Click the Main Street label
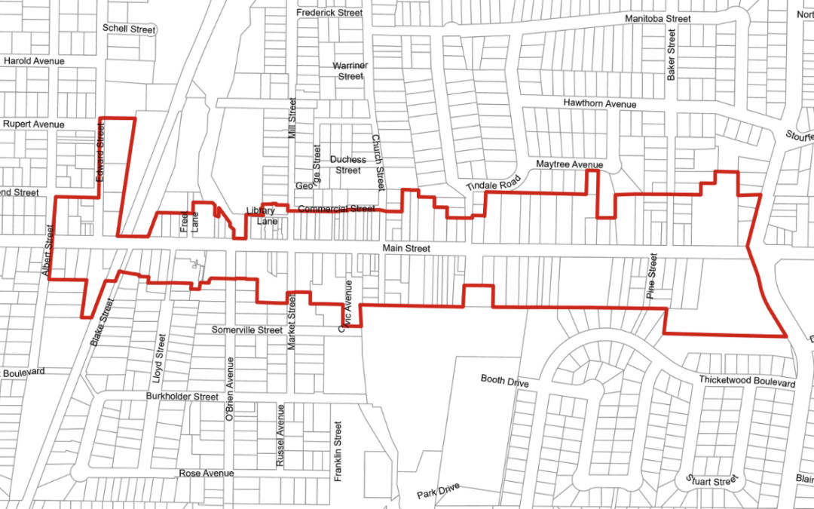click(x=406, y=248)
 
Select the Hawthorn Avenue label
click(x=600, y=103)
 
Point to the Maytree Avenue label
click(x=569, y=164)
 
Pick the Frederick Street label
click(x=329, y=13)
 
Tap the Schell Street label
click(x=129, y=29)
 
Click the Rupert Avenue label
click(x=34, y=124)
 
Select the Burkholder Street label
click(x=183, y=396)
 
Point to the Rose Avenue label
click(x=207, y=473)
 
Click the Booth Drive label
click(x=505, y=381)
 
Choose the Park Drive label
click(x=438, y=492)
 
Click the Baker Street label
click(x=671, y=54)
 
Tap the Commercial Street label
click(x=336, y=208)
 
